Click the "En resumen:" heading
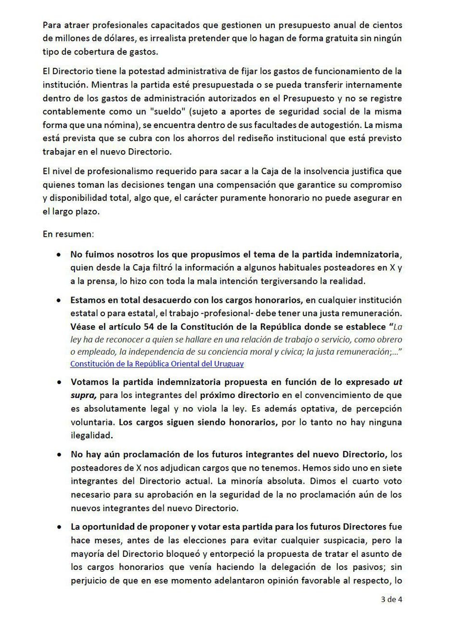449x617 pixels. [68, 234]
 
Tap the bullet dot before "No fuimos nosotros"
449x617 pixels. [59, 254]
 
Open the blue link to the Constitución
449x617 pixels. [157, 364]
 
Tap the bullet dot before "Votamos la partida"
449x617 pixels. [59, 383]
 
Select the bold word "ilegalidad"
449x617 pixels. [91, 435]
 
